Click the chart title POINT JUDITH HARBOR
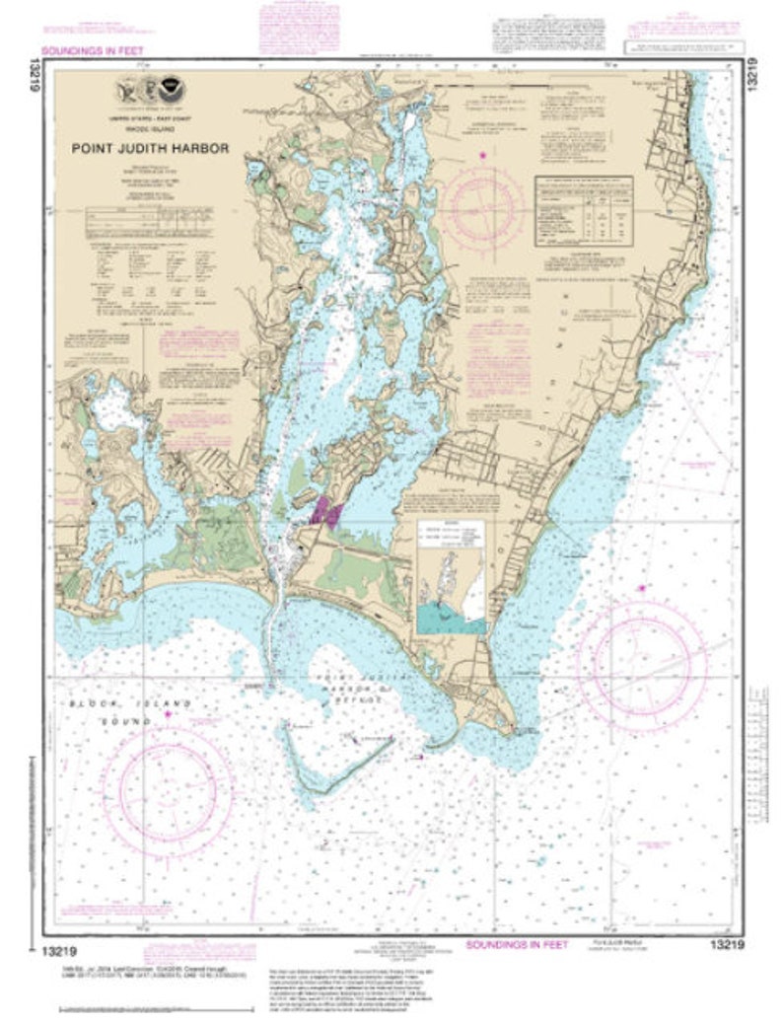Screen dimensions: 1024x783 (x=149, y=149)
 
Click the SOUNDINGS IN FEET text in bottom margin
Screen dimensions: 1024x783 (x=517, y=944)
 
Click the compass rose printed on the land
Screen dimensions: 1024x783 (x=482, y=206)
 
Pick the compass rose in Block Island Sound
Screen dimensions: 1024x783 (x=167, y=786)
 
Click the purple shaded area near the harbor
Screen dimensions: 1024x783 (x=325, y=511)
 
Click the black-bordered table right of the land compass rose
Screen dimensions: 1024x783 (x=583, y=210)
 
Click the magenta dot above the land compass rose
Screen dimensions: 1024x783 (x=482, y=156)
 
